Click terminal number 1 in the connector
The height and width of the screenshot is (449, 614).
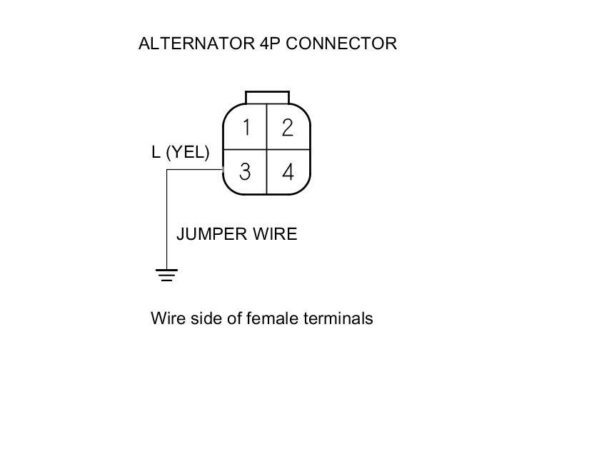click(x=246, y=128)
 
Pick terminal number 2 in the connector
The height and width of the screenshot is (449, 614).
click(x=288, y=128)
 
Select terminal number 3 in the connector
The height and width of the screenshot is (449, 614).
click(x=245, y=172)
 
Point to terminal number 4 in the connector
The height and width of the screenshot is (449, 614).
click(x=288, y=172)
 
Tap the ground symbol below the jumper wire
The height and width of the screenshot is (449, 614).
click(x=166, y=273)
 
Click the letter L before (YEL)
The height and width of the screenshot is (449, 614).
click(x=156, y=152)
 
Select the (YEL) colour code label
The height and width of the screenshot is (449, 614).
click(x=188, y=152)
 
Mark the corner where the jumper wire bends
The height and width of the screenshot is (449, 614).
click(x=166, y=170)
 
